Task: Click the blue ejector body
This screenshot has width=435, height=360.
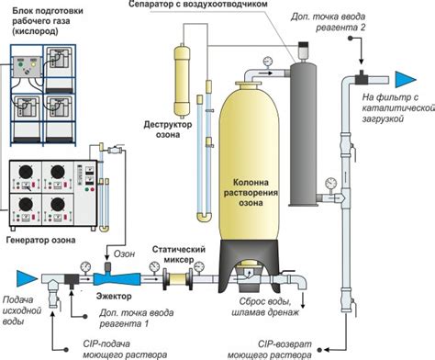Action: [x=117, y=278]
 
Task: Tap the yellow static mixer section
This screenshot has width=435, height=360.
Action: [x=178, y=279]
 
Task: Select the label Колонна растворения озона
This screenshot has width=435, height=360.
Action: [x=251, y=193]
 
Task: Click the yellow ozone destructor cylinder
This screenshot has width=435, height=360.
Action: [x=182, y=81]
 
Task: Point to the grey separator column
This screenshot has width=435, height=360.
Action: [x=303, y=134]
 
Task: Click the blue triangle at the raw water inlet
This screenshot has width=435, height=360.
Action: [x=27, y=278]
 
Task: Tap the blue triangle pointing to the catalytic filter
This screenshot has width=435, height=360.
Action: [x=406, y=79]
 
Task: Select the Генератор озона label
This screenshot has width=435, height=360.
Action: [x=40, y=240]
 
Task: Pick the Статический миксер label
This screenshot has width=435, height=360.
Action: [x=179, y=254]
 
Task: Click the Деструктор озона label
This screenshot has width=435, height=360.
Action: [x=168, y=129]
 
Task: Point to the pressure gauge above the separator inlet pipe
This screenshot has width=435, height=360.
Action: [x=268, y=62]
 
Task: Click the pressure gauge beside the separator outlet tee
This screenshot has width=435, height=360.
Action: [x=331, y=183]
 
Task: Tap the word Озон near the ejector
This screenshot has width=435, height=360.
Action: [x=124, y=253]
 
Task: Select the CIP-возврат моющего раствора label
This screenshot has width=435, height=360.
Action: [x=270, y=350]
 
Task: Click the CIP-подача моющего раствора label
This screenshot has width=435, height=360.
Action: [x=125, y=349]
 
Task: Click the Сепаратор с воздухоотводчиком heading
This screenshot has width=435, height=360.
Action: [x=198, y=4]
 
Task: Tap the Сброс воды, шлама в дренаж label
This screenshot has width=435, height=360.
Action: [x=265, y=307]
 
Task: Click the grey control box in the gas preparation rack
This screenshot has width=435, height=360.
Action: [x=27, y=66]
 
